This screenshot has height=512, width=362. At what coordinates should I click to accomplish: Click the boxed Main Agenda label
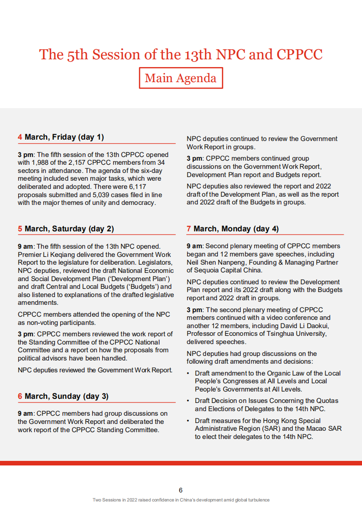point(181,78)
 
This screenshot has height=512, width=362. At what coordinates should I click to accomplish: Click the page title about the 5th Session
point(181,54)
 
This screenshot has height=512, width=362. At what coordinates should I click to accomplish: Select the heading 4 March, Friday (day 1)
point(61,137)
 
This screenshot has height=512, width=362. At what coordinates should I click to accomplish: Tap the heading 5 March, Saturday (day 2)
point(66,229)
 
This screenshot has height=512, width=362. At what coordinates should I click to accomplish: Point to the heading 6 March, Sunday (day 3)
point(63,396)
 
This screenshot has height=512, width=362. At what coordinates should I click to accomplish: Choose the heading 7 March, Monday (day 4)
point(233,229)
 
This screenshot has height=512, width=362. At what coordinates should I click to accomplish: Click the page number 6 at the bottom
point(181,490)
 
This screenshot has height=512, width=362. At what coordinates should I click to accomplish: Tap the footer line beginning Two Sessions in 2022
point(181,500)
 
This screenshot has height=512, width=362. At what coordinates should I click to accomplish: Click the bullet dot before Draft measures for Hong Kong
point(189,421)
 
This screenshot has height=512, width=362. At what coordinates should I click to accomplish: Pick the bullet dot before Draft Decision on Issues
point(189,401)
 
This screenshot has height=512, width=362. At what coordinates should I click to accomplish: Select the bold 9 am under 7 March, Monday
point(194,246)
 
